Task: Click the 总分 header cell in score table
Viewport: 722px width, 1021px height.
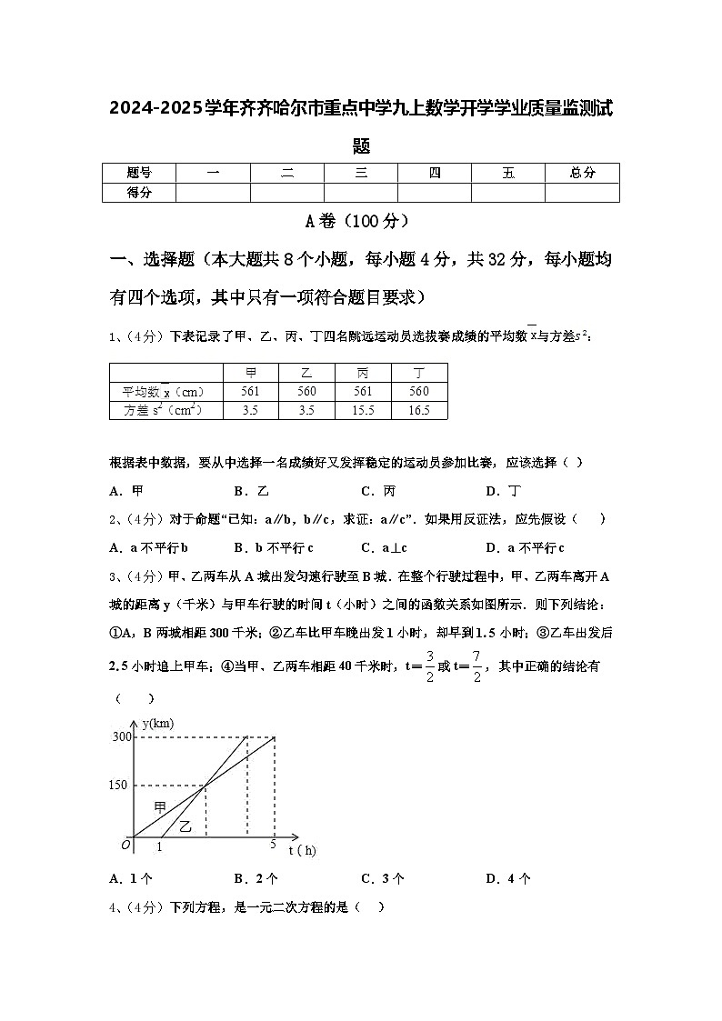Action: coord(582,173)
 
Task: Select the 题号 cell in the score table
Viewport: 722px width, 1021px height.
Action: coord(138,173)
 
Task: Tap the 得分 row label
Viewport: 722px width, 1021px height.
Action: coord(138,192)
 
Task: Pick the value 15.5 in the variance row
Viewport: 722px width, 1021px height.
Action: coord(363,410)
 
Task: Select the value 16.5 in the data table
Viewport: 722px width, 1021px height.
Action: coord(419,410)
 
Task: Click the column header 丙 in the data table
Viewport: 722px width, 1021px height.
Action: coord(363,373)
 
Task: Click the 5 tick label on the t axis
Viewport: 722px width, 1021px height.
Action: coord(273,846)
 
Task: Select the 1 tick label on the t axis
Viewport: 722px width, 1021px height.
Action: coord(159,847)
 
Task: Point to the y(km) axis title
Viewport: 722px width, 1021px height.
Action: coord(156,723)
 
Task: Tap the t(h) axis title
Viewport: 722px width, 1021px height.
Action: coord(303,850)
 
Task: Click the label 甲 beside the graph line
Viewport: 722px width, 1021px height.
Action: coord(160,807)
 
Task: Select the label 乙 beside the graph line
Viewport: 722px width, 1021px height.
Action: coord(186,826)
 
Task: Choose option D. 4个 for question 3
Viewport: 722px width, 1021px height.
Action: coord(508,878)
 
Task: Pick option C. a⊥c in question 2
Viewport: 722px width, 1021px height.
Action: coord(383,547)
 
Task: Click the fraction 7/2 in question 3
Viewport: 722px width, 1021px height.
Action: coord(476,668)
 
